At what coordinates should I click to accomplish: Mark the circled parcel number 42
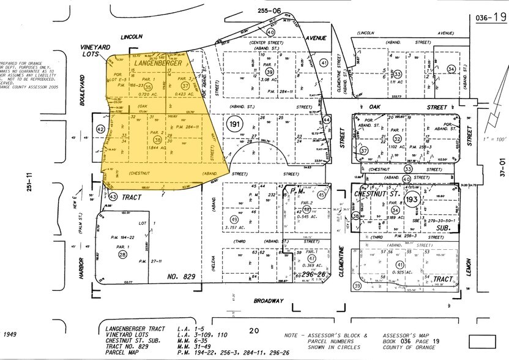100,129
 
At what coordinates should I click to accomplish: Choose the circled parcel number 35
147,87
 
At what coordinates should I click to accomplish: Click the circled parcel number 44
327,119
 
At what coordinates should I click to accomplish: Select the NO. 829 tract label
183,277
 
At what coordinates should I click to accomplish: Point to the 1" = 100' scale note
490,140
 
